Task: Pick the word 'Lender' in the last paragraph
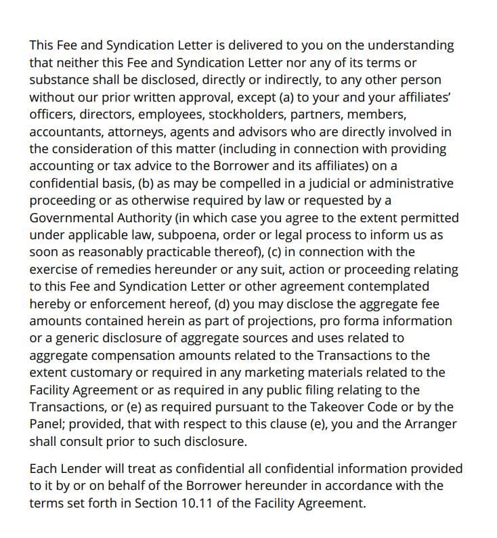coord(77,469)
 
